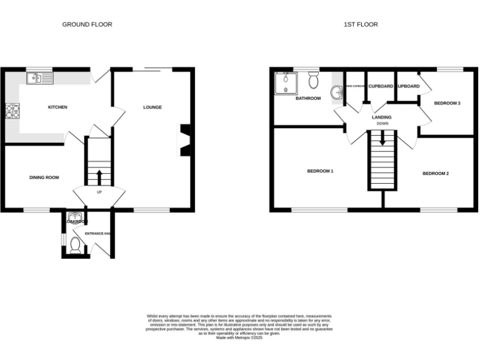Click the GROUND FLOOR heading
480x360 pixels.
87,24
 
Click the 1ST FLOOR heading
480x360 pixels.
361,24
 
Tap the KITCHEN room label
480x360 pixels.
57,107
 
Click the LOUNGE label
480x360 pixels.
152,107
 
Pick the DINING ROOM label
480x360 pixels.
44,177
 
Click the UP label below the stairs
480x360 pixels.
99,192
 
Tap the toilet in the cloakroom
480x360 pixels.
75,244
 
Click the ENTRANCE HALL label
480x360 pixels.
98,234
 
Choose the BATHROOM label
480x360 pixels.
308,99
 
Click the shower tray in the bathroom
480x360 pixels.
287,82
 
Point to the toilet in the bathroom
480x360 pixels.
314,79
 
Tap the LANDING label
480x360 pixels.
381,117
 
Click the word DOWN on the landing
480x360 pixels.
382,124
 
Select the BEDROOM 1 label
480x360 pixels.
320,171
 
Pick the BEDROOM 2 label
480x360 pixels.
435,173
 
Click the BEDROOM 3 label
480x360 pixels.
447,103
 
